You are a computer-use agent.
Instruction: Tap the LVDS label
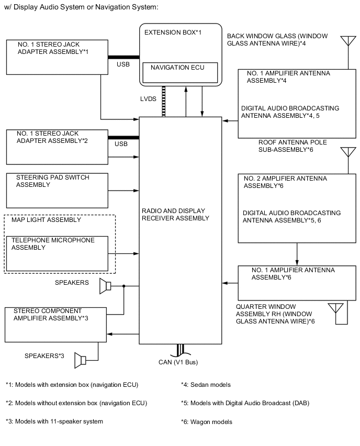(x=147, y=99)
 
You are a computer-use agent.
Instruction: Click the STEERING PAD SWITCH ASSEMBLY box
(x=57, y=190)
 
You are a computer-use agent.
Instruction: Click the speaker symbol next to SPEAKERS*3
(x=81, y=360)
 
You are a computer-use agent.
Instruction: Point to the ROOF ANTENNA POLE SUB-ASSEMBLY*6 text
(x=286, y=146)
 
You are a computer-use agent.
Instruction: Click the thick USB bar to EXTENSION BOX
(x=123, y=57)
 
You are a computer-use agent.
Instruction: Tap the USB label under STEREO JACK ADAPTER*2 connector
(x=121, y=144)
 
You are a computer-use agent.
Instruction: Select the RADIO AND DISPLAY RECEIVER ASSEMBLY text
(x=173, y=215)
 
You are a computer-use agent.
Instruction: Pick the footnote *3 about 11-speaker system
(x=54, y=421)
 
